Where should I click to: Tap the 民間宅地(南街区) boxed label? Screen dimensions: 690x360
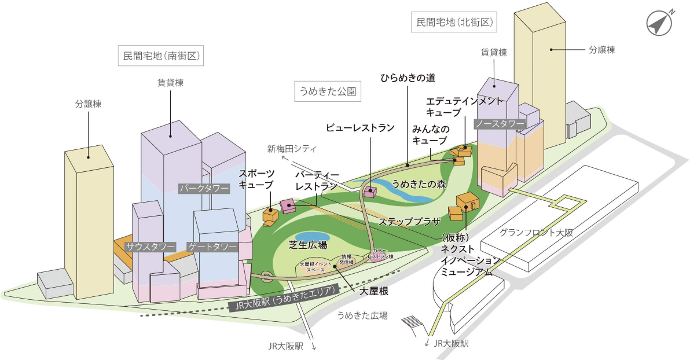162,56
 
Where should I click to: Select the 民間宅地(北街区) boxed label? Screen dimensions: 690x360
454,23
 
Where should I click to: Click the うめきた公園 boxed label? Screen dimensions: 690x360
327,91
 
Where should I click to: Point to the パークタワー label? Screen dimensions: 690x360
204,188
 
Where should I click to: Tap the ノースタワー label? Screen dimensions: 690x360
500,123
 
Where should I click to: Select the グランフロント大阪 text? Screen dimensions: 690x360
536,233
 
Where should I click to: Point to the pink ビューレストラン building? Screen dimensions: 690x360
369,190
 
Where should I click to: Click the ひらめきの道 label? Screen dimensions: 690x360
407,77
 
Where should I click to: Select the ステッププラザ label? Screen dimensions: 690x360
409,221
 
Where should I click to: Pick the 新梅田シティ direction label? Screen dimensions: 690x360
292,149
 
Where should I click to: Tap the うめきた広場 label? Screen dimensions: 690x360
362,315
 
